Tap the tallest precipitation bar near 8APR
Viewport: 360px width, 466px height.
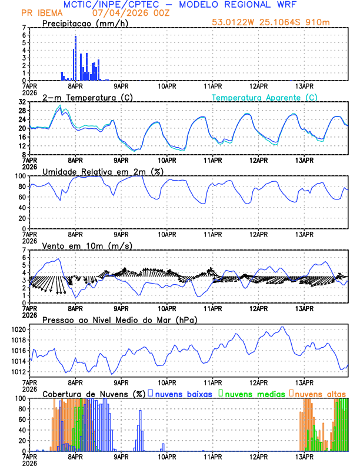75,58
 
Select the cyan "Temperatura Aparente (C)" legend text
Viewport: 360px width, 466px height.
265,97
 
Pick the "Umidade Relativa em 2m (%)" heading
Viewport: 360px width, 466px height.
102,171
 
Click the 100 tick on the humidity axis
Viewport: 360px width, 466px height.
20,176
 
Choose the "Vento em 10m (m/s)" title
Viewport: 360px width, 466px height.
87,245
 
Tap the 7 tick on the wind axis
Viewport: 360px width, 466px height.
24,250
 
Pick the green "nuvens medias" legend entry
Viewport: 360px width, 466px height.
254,394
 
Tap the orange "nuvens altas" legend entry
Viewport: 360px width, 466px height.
320,394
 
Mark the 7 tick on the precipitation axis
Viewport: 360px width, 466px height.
24,28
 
